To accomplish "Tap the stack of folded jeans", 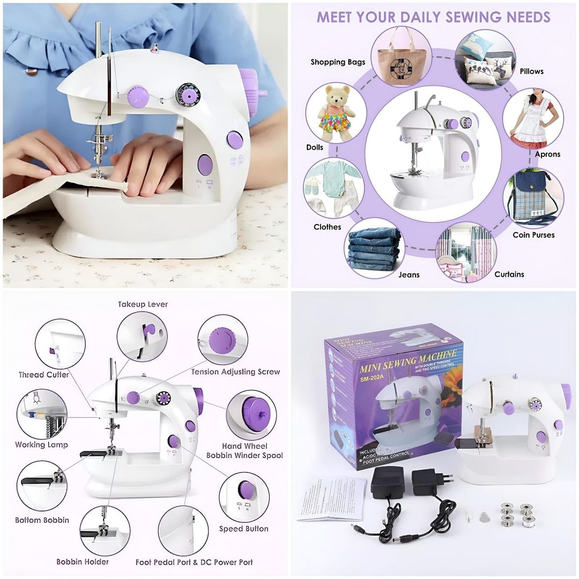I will pyautogui.click(x=375, y=248).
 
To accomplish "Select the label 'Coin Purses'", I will pyautogui.click(x=533, y=235).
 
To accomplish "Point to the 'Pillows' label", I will pyautogui.click(x=531, y=71).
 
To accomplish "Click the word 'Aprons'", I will pyautogui.click(x=547, y=154).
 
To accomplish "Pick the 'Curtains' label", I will pyautogui.click(x=509, y=274).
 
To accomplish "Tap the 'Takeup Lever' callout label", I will pyautogui.click(x=143, y=305).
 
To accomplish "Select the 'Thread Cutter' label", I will pyautogui.click(x=44, y=375).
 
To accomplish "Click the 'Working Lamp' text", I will pyautogui.click(x=41, y=444).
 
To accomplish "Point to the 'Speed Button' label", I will pyautogui.click(x=243, y=529).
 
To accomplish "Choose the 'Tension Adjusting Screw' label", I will pyautogui.click(x=235, y=372).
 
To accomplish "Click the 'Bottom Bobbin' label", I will pyautogui.click(x=42, y=520).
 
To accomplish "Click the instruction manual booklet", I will pyautogui.click(x=331, y=499).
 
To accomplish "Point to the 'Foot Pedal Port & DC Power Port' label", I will pyautogui.click(x=194, y=562).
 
